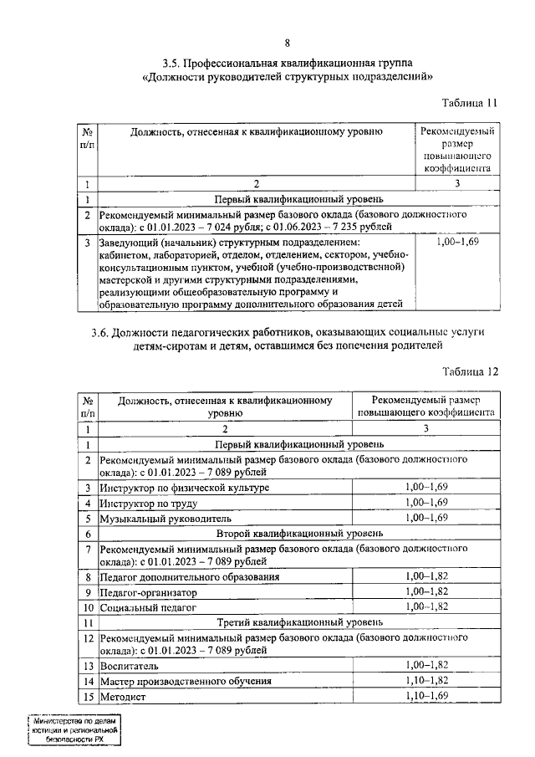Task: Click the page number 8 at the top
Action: (287, 43)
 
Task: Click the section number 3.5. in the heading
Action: (175, 63)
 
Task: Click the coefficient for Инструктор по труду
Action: (426, 502)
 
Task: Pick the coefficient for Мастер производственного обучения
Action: (426, 681)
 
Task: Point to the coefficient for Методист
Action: (426, 696)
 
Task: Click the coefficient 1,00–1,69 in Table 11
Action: (456, 243)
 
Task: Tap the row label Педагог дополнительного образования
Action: (189, 577)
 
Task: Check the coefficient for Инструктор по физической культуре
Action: (426, 487)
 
